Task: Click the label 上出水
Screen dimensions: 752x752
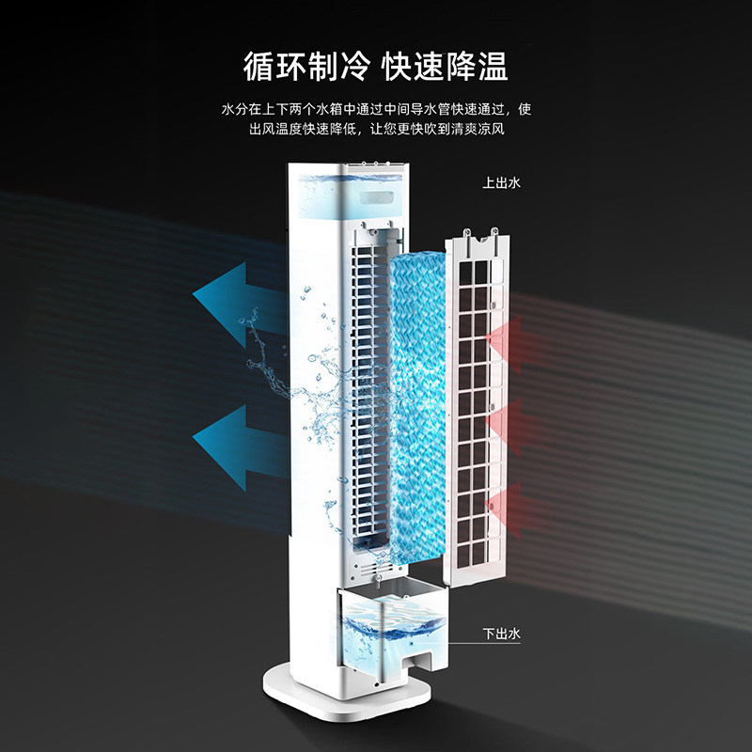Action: tap(501, 182)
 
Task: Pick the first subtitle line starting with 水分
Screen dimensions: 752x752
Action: tap(376, 109)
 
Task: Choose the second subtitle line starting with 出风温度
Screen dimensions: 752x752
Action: tap(376, 129)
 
